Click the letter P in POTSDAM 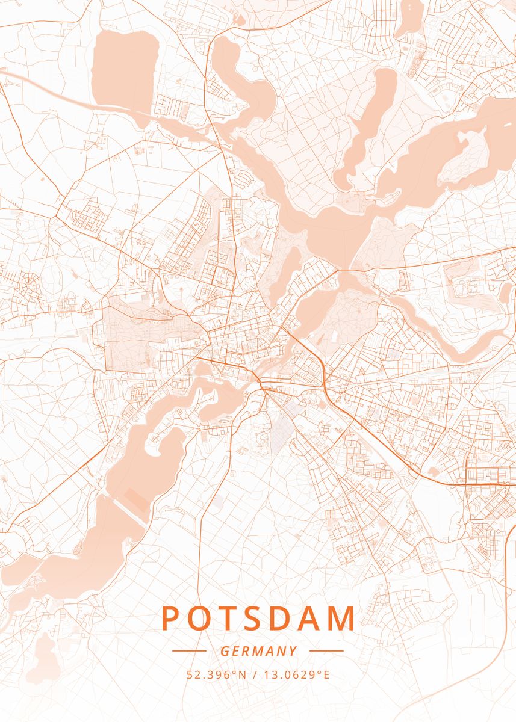coord(171,619)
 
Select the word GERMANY coord(258,651)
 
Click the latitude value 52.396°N coord(217,674)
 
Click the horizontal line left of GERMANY coord(189,651)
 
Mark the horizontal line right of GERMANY coord(326,651)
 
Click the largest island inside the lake coord(464,156)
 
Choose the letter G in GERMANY coord(225,651)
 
